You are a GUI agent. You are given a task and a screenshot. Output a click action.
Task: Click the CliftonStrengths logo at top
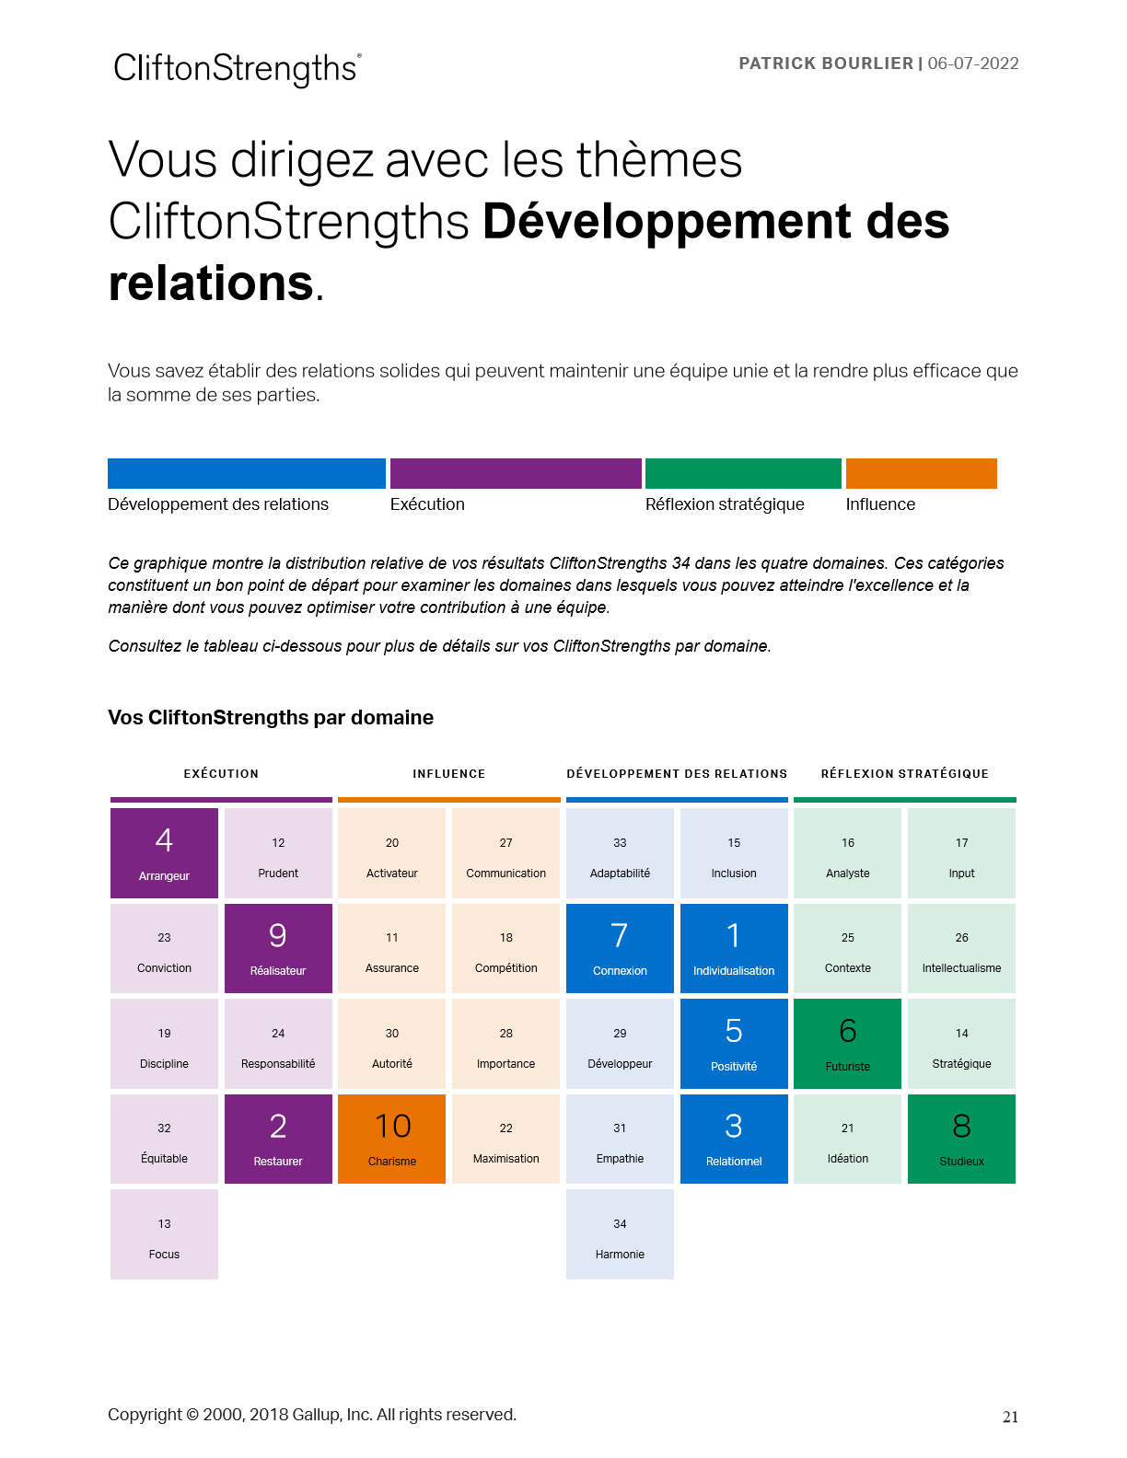[237, 69]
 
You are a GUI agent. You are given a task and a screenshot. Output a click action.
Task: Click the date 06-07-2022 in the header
[973, 64]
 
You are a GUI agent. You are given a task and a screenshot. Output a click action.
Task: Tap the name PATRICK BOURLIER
[826, 64]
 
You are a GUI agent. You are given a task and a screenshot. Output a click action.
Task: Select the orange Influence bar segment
[921, 473]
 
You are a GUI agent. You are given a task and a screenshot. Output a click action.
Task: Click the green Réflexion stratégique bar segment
[743, 473]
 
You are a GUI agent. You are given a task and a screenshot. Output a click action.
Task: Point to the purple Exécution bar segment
[516, 473]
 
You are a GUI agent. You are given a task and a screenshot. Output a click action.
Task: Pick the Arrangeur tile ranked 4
[164, 853]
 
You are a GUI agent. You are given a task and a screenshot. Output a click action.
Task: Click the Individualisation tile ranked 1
[734, 948]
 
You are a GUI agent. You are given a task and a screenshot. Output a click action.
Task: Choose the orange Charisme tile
[392, 1139]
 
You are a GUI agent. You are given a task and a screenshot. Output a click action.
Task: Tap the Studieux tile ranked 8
[961, 1139]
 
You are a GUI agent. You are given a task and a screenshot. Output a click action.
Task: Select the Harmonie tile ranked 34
[620, 1234]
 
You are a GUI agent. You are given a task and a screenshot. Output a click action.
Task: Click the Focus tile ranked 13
[164, 1234]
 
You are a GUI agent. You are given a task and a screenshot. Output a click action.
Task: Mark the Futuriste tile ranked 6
[847, 1044]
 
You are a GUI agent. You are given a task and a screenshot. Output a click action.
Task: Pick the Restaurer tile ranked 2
[278, 1139]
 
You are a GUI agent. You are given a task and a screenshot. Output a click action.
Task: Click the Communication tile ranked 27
[505, 853]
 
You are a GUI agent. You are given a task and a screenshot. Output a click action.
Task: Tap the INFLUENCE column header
[448, 774]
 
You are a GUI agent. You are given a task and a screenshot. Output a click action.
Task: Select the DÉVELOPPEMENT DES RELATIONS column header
[677, 774]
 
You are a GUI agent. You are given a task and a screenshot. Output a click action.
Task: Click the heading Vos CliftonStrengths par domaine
[271, 718]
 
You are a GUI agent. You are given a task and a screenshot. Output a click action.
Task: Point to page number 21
[1010, 1417]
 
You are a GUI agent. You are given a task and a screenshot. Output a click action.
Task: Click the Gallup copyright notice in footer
[312, 1415]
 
